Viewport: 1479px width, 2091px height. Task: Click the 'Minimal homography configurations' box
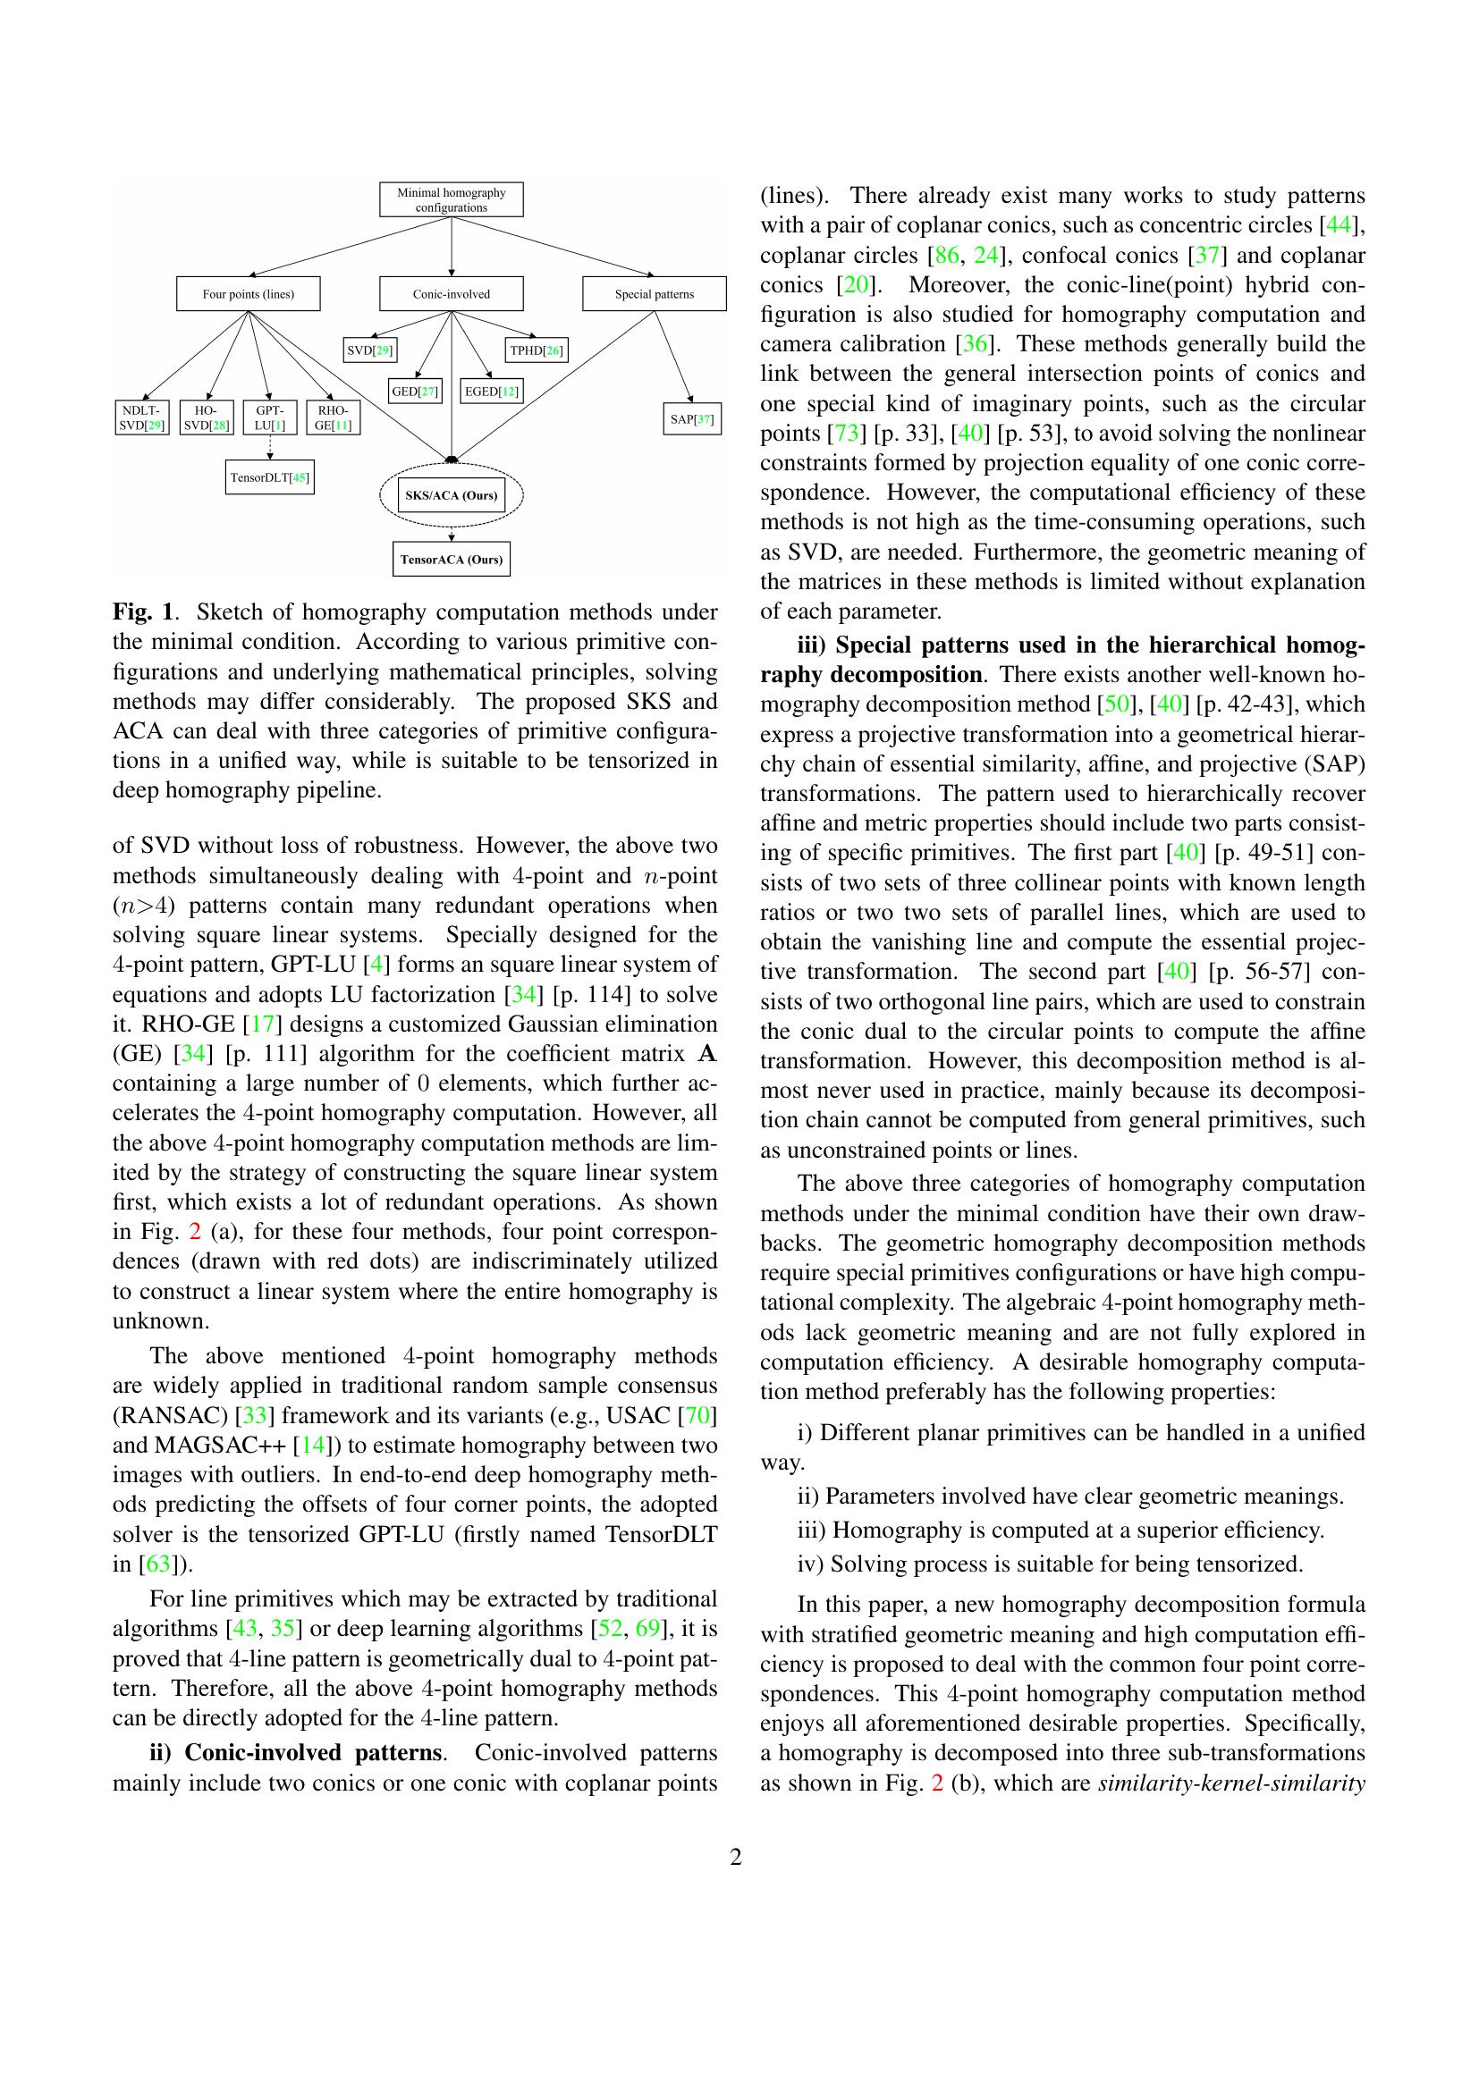(451, 199)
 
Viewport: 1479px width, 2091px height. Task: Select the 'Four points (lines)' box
(248, 294)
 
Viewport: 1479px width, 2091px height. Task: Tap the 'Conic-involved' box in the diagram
(451, 294)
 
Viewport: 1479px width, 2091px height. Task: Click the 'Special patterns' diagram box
(654, 294)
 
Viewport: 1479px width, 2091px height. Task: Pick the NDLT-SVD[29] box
(143, 418)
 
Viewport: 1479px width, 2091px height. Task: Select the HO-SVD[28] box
(206, 418)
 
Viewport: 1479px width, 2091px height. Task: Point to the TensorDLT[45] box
(269, 477)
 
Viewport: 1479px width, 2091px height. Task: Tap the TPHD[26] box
(537, 350)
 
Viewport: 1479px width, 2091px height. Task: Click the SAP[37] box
(692, 420)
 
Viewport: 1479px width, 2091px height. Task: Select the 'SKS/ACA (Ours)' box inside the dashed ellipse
(451, 496)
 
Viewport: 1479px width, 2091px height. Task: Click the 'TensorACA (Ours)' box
(451, 559)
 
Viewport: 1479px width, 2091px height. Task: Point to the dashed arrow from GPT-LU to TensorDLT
(269, 447)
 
